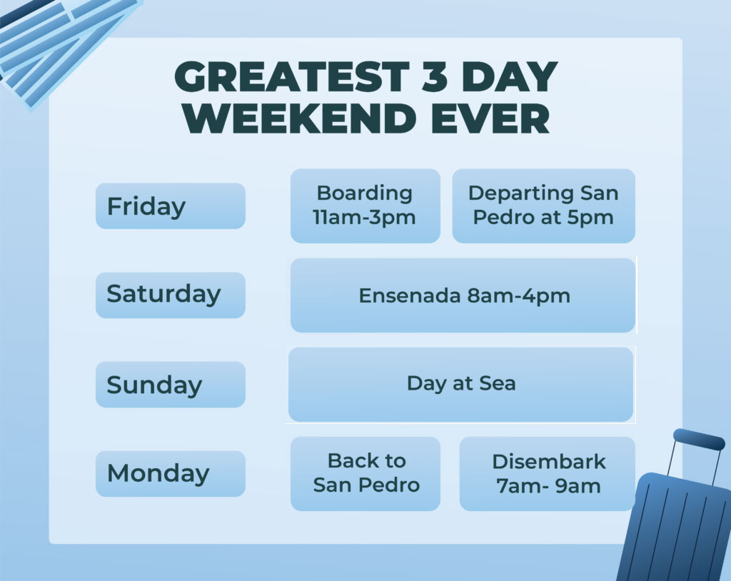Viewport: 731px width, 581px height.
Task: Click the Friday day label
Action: (171, 206)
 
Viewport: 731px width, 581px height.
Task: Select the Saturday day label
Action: (171, 295)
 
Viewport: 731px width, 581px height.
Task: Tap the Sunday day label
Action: (171, 385)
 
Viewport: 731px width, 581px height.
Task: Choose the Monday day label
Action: (171, 474)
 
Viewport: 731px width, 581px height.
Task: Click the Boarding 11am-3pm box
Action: (365, 206)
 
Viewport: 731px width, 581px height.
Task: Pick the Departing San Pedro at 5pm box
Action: (543, 206)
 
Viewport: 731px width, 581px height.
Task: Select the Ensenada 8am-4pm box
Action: (463, 295)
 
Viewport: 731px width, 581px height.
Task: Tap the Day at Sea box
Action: (461, 385)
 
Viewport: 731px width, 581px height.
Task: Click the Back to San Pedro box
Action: (365, 474)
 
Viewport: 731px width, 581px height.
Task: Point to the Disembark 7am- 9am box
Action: (548, 474)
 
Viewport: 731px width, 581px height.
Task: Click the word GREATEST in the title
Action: (292, 76)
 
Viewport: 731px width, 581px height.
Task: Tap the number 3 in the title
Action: (435, 76)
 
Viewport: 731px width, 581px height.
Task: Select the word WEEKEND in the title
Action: (299, 118)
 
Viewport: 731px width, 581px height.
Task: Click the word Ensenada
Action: (409, 295)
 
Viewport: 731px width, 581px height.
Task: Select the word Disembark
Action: (549, 462)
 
